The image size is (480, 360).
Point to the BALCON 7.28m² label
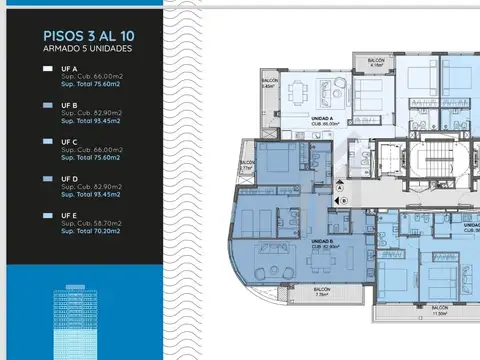[321, 293]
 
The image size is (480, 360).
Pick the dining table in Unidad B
[318, 261]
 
